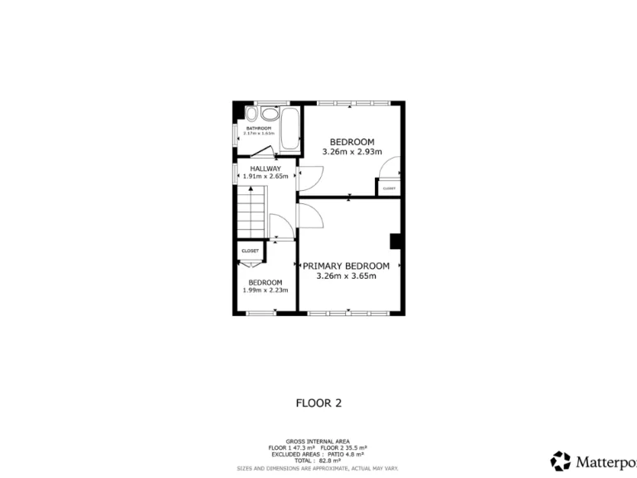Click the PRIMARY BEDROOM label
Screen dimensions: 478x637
346,266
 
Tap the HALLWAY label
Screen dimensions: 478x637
254,168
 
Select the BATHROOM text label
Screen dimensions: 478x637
258,129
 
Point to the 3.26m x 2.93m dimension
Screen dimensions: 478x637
352,152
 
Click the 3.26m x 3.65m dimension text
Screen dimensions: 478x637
346,276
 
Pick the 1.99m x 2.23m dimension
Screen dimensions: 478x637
265,290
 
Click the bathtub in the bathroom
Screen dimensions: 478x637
289,131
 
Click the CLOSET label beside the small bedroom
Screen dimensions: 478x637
250,251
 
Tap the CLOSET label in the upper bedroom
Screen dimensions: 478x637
389,188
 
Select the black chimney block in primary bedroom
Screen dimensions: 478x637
396,241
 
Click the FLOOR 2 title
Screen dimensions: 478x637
318,403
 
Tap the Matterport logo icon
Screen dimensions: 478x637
561,461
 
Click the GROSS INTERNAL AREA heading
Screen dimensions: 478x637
318,441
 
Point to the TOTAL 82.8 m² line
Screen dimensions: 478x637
318,461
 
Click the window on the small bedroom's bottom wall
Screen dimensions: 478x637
261,314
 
